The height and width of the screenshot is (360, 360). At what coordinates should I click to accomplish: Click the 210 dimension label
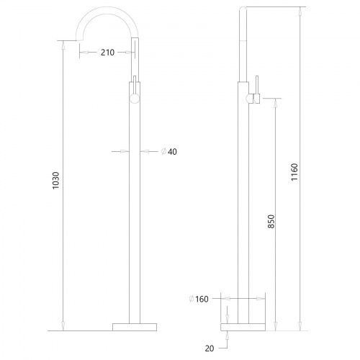tap(107, 53)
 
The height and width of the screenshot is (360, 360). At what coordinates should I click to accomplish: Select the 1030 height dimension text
tap(55, 181)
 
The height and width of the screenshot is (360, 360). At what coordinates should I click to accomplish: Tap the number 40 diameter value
tap(172, 152)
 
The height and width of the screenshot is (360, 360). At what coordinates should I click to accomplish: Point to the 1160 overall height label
tap(294, 172)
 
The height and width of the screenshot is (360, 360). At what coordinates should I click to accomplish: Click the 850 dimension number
tap(271, 221)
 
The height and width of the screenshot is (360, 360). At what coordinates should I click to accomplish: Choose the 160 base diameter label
tap(202, 299)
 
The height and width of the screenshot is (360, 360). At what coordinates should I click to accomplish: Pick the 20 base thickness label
tap(210, 348)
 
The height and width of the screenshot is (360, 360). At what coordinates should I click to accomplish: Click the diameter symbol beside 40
tap(164, 151)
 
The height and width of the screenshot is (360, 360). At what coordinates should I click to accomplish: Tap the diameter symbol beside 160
tap(192, 299)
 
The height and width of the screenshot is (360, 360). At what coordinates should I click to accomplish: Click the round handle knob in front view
tap(135, 99)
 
